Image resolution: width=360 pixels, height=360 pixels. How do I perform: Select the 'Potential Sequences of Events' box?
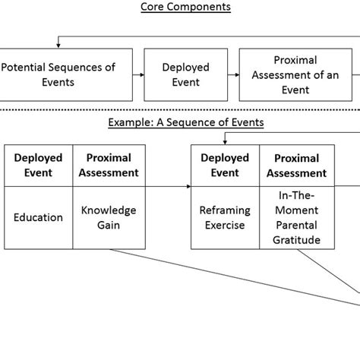pyautogui.click(x=59, y=74)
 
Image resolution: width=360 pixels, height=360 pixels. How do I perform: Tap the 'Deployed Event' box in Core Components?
pyautogui.click(x=185, y=74)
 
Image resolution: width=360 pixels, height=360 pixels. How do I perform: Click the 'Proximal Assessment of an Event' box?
pyautogui.click(x=295, y=74)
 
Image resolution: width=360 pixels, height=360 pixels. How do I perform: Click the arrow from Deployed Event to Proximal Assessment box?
pyautogui.click(x=230, y=74)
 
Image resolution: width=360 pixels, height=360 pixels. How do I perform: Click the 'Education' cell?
pyautogui.click(x=38, y=217)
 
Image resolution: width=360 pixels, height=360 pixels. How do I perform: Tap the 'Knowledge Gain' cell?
pyautogui.click(x=109, y=217)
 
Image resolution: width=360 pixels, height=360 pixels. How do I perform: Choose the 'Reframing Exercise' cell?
pyautogui.click(x=225, y=217)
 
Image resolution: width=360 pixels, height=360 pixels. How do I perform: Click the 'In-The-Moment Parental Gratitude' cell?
pyautogui.click(x=295, y=218)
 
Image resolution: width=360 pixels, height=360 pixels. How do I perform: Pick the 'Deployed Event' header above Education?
pyautogui.click(x=38, y=165)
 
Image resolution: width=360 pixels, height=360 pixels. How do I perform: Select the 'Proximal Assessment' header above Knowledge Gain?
pyautogui.click(x=109, y=165)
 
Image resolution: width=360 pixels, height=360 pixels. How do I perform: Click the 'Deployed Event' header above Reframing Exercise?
pyautogui.click(x=225, y=165)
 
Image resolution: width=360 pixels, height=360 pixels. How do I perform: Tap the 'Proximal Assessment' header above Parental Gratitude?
pyautogui.click(x=295, y=165)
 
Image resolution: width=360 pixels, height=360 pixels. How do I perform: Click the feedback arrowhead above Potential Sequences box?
pyautogui.click(x=59, y=45)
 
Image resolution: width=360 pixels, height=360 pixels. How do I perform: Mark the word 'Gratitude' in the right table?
pyautogui.click(x=295, y=240)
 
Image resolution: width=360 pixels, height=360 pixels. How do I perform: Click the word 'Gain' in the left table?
pyautogui.click(x=109, y=225)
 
